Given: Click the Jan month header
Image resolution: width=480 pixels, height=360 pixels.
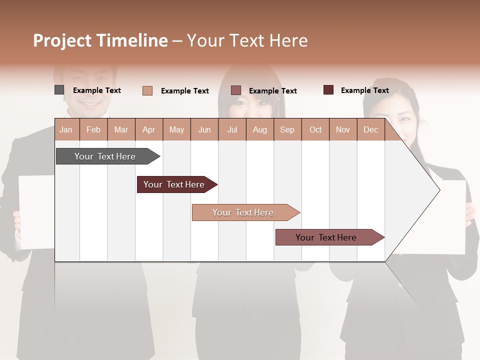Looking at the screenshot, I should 66,129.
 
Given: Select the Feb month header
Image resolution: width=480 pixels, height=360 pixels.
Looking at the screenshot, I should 93,129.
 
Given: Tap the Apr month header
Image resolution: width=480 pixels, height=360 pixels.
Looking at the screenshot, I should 148,129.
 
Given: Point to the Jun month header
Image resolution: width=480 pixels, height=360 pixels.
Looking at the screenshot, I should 204,129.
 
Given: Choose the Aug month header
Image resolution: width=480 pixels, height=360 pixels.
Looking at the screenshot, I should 259,129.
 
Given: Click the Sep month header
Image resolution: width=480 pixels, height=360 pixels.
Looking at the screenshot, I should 287,129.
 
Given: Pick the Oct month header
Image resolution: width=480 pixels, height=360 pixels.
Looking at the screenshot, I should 315,129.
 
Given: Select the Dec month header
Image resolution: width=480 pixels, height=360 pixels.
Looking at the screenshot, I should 370,129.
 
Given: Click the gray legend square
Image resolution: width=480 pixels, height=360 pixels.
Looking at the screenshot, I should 59,90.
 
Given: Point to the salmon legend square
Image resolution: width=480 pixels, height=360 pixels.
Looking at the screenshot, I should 147,90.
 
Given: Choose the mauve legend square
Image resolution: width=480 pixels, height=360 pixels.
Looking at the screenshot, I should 236,90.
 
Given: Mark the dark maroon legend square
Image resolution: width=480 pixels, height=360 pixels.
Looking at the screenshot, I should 328,90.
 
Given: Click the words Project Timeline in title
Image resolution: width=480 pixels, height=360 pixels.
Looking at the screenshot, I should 100,40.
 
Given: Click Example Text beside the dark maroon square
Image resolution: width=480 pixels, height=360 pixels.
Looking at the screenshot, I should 364,90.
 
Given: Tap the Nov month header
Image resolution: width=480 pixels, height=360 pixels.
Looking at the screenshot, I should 343,129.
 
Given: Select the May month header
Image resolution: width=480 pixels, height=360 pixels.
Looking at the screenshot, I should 176,129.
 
